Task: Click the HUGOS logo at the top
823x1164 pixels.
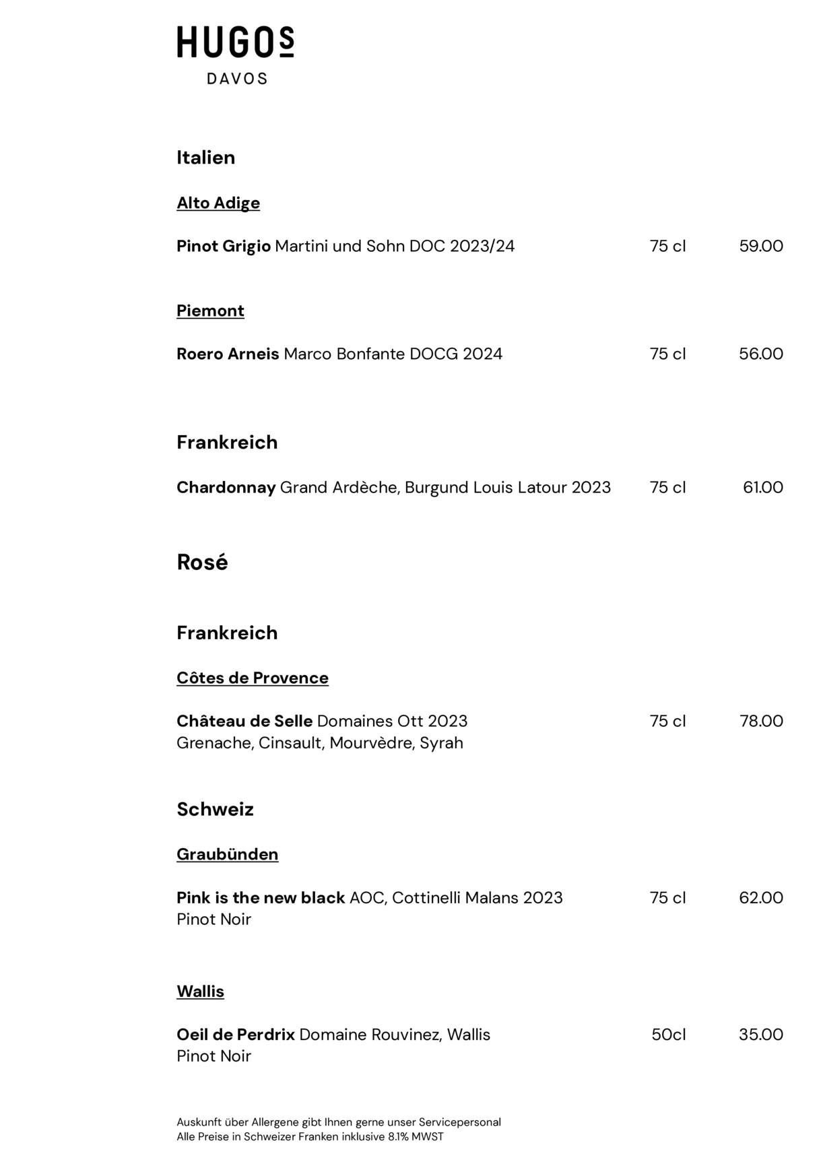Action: click(x=235, y=42)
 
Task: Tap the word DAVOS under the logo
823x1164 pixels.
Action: click(x=237, y=79)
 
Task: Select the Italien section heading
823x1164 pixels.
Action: click(x=205, y=158)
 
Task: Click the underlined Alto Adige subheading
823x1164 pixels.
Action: click(x=218, y=203)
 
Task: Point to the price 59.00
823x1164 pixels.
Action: click(x=761, y=246)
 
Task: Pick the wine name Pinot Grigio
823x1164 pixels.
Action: click(x=224, y=246)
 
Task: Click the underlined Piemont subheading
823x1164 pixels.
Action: click(x=210, y=311)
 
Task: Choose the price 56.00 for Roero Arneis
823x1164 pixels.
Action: click(x=761, y=354)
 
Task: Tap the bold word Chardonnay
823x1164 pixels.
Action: click(x=226, y=487)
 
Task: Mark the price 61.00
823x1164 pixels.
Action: click(x=763, y=487)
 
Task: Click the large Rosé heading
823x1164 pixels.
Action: click(x=202, y=562)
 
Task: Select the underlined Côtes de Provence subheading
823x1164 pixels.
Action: click(x=253, y=678)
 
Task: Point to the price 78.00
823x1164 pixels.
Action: click(x=761, y=721)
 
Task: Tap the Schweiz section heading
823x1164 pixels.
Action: click(x=215, y=809)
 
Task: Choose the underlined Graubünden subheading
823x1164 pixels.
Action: click(x=227, y=854)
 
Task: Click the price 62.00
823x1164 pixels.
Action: click(x=761, y=897)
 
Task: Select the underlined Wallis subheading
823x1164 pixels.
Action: click(x=200, y=991)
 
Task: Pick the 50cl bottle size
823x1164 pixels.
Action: click(x=668, y=1034)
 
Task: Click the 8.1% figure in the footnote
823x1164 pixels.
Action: click(x=398, y=1136)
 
